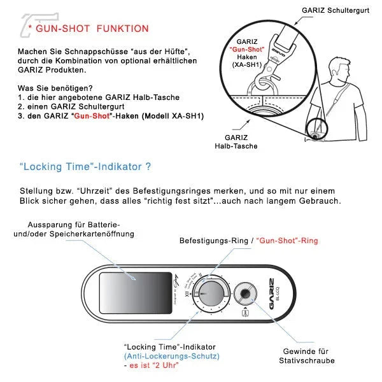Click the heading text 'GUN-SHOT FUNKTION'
pyautogui.click(x=93, y=29)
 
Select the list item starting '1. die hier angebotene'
pyautogui.click(x=99, y=97)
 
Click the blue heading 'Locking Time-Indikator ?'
pyautogui.click(x=85, y=167)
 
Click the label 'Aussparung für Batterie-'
pyautogui.click(x=74, y=225)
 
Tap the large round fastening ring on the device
pyautogui.click(x=209, y=294)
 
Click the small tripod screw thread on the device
pyautogui.click(x=245, y=294)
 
